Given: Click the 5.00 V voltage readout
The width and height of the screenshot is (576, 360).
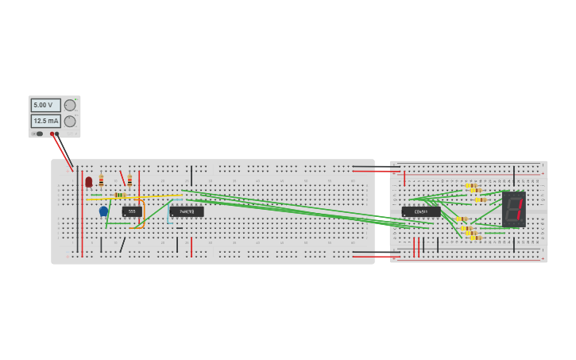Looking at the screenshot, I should pos(44,105).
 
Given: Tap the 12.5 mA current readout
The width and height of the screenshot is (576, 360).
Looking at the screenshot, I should pos(45,121).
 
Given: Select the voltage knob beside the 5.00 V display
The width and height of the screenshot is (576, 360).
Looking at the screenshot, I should pos(70,105).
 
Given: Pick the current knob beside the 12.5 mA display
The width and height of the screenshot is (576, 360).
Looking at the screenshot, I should pos(70,121).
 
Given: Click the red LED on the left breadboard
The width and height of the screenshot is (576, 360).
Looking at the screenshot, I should pos(88,182).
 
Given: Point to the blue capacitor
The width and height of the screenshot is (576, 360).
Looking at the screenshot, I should pos(103,211).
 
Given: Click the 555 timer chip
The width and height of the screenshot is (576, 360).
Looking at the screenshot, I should pos(132,211).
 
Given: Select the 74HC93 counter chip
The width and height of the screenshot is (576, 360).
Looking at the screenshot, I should pos(187,212).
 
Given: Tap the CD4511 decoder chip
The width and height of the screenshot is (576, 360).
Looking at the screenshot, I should pos(420,212).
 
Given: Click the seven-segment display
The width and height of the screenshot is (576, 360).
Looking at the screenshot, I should pos(513,209).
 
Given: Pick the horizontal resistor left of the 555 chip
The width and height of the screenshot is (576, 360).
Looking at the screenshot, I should pos(120,195).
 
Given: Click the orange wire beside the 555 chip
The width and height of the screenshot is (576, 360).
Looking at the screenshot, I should pos(144,215).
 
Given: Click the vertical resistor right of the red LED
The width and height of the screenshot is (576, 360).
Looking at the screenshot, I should pos(101,180).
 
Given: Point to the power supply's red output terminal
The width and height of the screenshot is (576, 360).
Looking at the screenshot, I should pos(52,134).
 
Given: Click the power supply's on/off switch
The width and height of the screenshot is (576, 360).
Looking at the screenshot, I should pos(39,134).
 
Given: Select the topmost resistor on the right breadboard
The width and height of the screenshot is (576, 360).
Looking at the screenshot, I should pos(470,185).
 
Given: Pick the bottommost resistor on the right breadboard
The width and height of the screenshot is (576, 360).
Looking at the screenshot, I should pos(475,238).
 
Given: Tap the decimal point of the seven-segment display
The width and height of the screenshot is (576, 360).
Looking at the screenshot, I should pos(521,221).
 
